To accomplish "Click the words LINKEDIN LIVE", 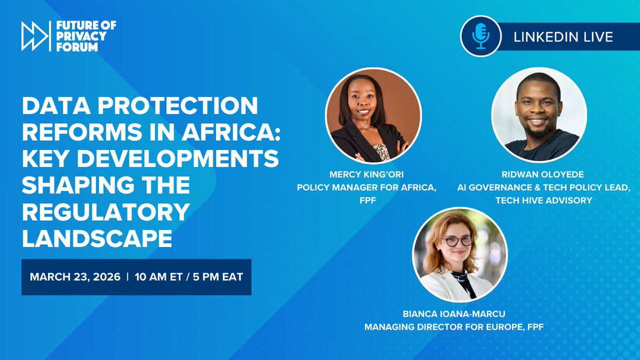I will click(563, 37).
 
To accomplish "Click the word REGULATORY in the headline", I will click(106, 212).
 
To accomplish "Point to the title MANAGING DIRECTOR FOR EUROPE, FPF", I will click(454, 327).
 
